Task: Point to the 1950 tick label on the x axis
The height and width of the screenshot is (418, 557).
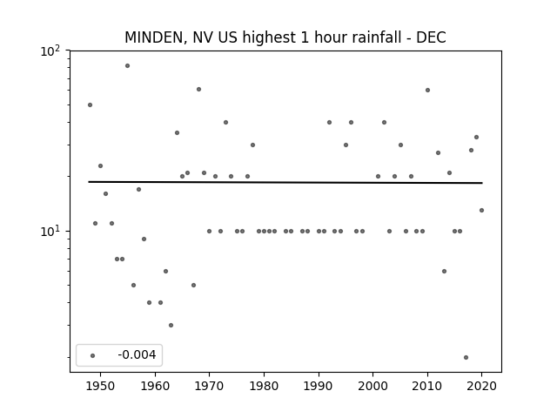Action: (101, 386)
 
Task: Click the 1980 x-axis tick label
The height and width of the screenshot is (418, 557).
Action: (264, 386)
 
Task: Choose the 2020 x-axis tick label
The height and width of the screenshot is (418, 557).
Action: (481, 386)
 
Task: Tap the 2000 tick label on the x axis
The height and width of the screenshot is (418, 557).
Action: (373, 386)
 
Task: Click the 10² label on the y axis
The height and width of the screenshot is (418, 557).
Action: (50, 52)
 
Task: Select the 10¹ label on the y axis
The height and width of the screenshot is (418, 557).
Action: (50, 232)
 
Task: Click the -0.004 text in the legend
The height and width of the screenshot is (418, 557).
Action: (137, 354)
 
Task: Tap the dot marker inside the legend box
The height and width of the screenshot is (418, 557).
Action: (93, 355)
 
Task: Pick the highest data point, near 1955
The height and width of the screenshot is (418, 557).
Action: (128, 66)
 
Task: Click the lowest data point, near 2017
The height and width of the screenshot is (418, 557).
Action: (466, 358)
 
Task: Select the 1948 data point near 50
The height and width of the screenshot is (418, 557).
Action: (90, 104)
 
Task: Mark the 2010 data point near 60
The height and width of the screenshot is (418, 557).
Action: (427, 91)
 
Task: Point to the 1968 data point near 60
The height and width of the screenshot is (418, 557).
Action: (199, 89)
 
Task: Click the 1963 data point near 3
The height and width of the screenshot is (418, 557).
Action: (171, 325)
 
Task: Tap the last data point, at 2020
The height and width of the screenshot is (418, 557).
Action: (481, 211)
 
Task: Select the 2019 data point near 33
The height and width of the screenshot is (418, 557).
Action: (476, 138)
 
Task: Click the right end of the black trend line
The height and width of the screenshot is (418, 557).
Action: (482, 183)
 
